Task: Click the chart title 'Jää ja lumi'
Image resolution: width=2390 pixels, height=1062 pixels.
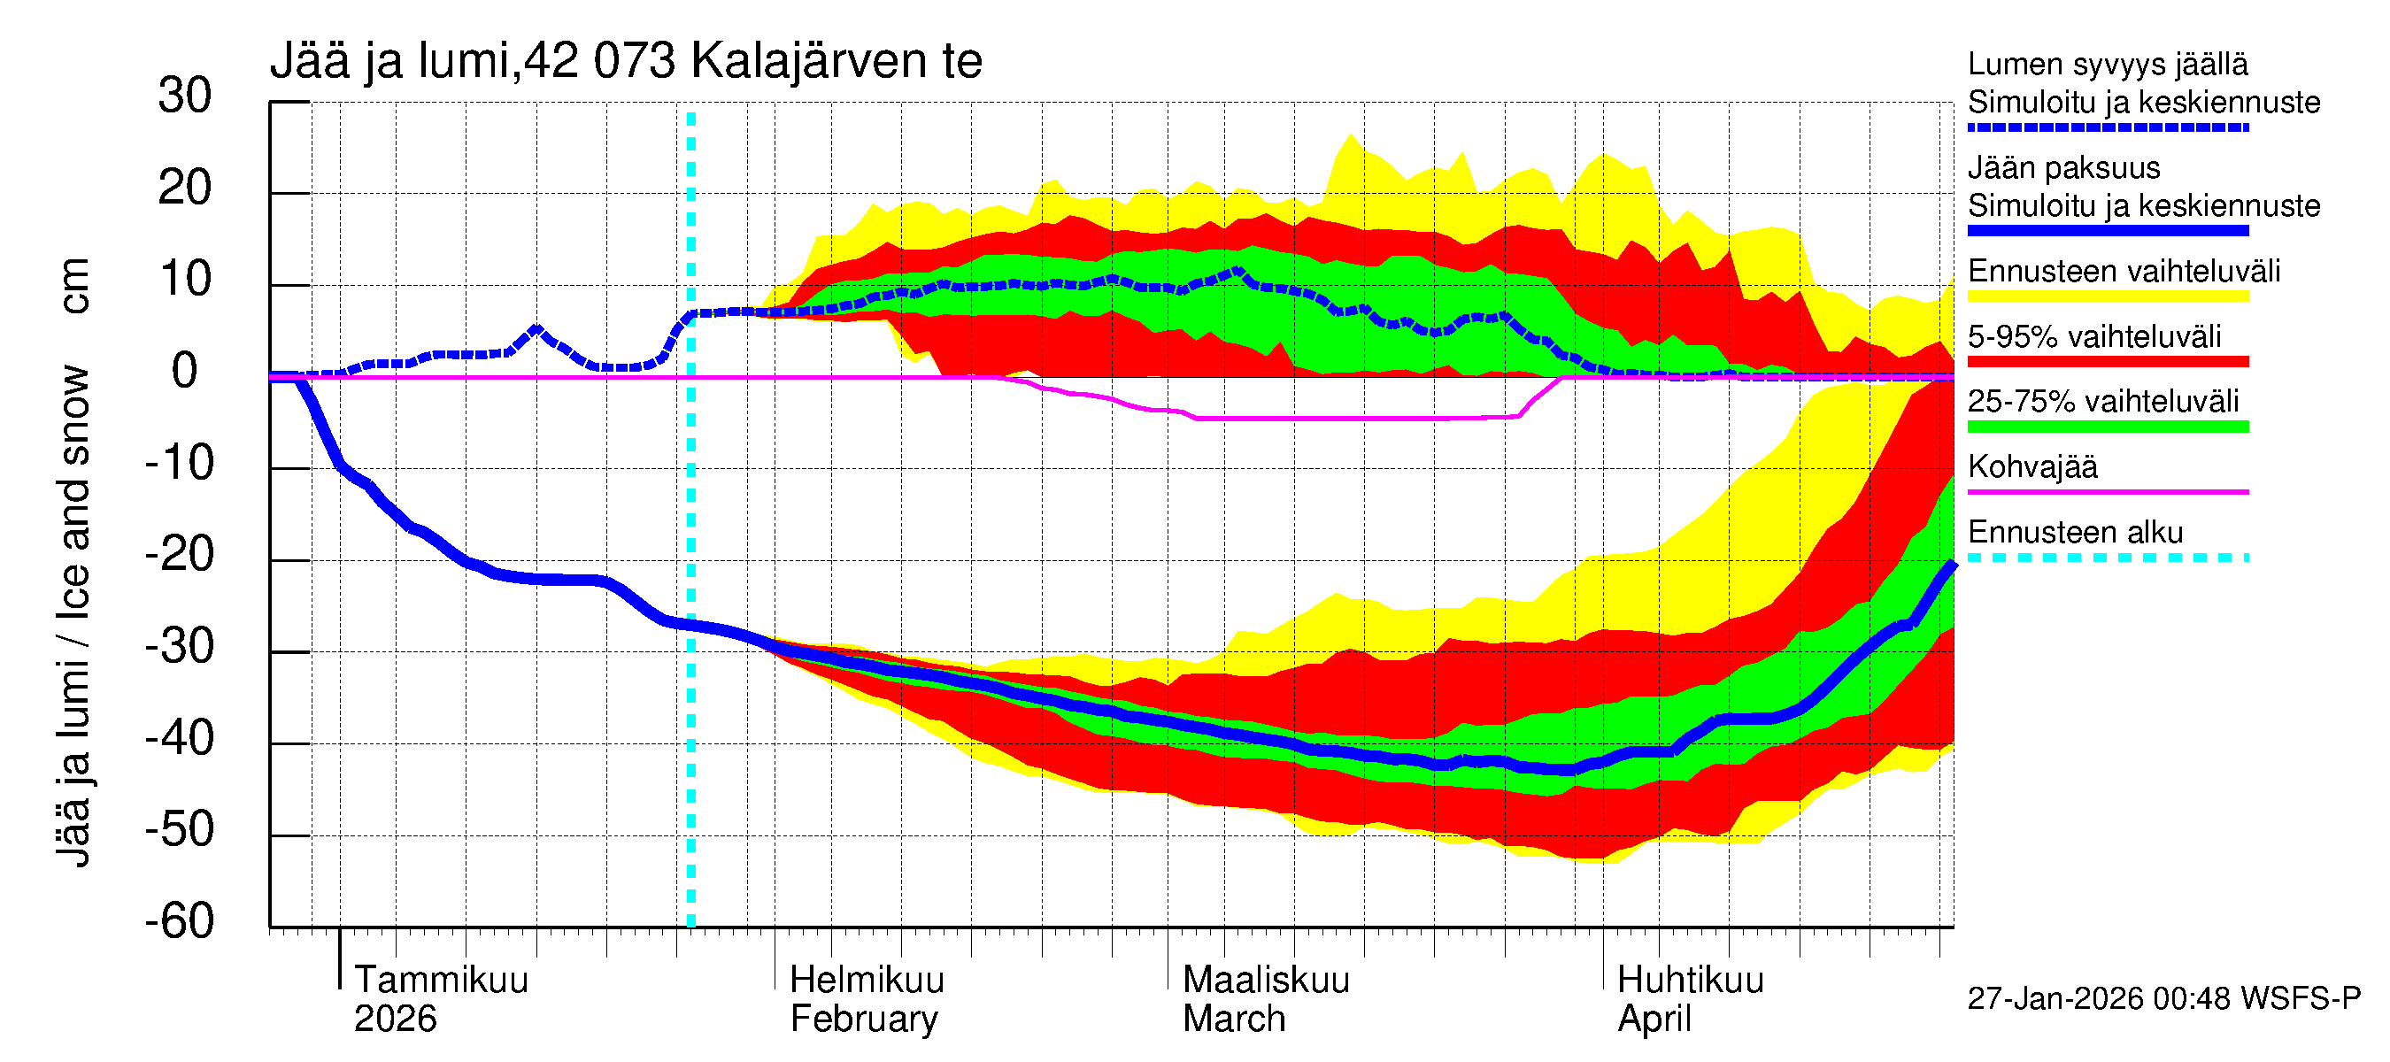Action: tap(389, 61)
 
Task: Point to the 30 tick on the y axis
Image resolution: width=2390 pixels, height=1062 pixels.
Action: tap(185, 96)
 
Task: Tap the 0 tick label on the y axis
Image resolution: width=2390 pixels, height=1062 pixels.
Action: tap(185, 372)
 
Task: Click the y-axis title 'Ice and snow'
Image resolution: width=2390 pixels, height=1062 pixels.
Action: tap(74, 491)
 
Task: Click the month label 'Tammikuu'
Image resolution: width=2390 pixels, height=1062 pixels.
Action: tap(441, 980)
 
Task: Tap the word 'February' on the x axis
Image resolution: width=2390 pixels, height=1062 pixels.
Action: tap(864, 1020)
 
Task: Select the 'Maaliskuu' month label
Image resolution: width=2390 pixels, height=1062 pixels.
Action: tap(1266, 980)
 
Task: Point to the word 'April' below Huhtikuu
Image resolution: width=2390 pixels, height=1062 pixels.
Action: tap(1654, 1020)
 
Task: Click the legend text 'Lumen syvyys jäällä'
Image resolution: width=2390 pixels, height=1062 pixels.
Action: tap(2107, 65)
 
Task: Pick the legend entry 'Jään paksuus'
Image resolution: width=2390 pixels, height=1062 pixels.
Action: tap(2063, 168)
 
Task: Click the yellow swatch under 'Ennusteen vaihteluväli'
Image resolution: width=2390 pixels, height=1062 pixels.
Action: tap(2107, 296)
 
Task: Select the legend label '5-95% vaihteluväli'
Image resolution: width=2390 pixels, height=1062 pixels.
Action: tap(2094, 336)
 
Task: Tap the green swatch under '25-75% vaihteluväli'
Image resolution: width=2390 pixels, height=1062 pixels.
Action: tap(2107, 427)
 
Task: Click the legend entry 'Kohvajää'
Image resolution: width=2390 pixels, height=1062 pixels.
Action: tap(2031, 466)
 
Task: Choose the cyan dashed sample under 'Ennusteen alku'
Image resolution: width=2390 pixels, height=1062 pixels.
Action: tap(2107, 558)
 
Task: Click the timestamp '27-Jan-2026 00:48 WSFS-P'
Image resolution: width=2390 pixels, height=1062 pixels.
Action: tap(2163, 999)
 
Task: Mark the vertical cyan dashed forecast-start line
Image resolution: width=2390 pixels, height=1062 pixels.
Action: tap(691, 519)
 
